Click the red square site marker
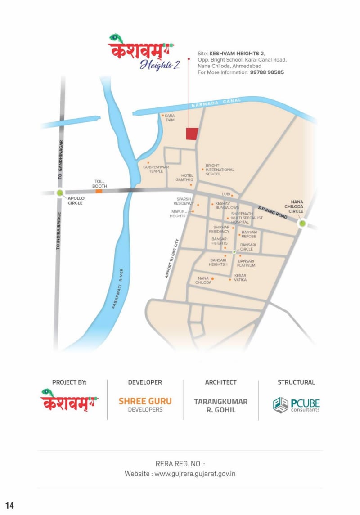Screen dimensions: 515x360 click(192, 134)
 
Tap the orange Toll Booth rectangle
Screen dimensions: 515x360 click(99, 191)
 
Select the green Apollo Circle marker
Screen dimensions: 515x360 click(60, 193)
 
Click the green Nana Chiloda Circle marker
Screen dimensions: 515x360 click(302, 223)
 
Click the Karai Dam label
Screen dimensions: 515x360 click(170, 118)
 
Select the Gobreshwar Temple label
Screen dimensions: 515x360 click(156, 169)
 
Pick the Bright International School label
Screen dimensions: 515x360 click(220, 170)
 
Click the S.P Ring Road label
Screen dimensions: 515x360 click(273, 212)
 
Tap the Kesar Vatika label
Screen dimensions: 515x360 click(240, 278)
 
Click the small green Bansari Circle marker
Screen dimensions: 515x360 click(234, 252)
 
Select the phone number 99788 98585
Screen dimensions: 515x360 click(267, 72)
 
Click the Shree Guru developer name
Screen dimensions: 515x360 click(145, 401)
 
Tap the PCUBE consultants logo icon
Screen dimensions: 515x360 click(281, 405)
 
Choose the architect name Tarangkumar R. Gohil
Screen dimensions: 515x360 click(220, 405)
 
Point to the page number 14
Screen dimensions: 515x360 click(9, 505)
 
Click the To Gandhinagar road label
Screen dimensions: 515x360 click(60, 160)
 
